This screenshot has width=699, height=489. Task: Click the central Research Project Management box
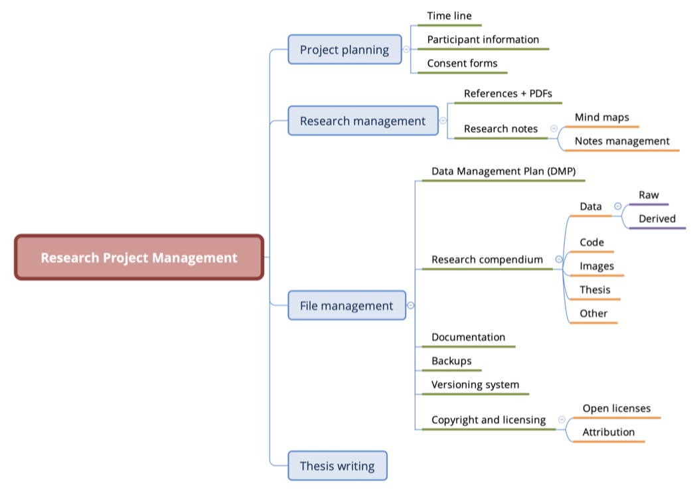139,257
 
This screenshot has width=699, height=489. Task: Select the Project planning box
345,50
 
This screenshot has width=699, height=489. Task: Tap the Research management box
362,121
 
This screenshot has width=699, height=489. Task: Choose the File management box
347,306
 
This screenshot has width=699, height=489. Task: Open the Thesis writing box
337,466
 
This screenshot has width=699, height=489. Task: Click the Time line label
449,16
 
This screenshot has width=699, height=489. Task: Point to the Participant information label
483,40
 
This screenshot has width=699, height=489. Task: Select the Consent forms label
462,64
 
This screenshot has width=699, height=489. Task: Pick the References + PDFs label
508,94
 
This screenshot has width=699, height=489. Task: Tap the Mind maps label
601,117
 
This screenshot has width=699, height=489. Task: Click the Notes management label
622,141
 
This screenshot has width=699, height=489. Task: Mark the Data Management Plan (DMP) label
504,171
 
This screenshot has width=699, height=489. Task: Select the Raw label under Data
649,195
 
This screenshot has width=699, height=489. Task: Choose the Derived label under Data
657,219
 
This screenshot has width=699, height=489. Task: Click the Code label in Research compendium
591,243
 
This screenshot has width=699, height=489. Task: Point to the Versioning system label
475,385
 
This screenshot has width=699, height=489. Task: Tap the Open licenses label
616,409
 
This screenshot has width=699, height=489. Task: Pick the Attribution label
608,433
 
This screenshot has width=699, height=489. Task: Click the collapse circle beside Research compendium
558,259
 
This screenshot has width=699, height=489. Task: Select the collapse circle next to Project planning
406,50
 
